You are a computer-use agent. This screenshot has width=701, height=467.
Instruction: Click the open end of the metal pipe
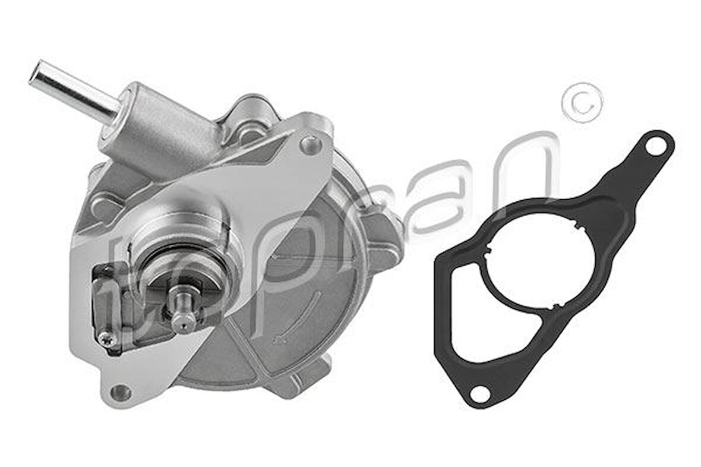pos(37,73)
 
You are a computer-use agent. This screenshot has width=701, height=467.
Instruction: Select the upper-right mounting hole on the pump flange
pos(310,144)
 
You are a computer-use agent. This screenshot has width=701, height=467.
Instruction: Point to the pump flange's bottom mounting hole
pos(121,392)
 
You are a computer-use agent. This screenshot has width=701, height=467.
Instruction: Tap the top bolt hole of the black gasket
pos(656,145)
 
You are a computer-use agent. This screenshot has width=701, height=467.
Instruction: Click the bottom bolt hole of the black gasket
pos(479,393)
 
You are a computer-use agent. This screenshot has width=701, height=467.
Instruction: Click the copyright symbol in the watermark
pos(582,102)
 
